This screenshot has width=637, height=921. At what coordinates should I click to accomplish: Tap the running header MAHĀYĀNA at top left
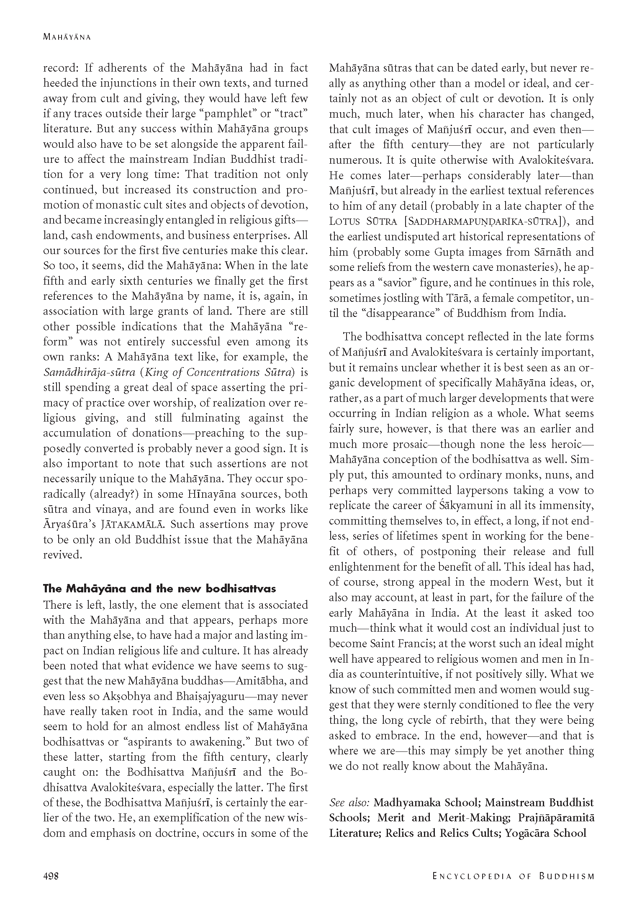[x=67, y=37]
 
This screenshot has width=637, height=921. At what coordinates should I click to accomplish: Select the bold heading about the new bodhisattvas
[x=159, y=589]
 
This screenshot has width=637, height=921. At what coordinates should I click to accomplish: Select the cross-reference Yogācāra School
[x=545, y=833]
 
